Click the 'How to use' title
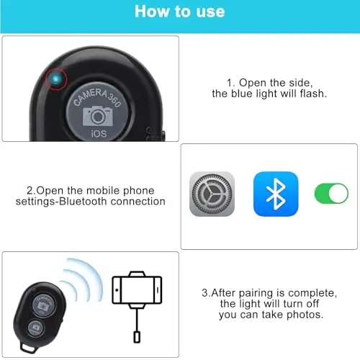(x=180, y=12)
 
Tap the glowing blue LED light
(x=55, y=79)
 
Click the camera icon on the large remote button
(x=98, y=116)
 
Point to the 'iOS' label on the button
(x=99, y=133)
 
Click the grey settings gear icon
(x=212, y=194)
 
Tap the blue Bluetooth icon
(x=276, y=194)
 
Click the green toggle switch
(x=331, y=194)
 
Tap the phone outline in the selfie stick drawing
(x=137, y=290)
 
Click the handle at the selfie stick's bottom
(x=137, y=336)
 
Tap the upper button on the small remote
(x=43, y=305)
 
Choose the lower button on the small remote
(x=35, y=328)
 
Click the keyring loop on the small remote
(x=27, y=347)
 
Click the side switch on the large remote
(x=164, y=136)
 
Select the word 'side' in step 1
(x=301, y=83)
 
